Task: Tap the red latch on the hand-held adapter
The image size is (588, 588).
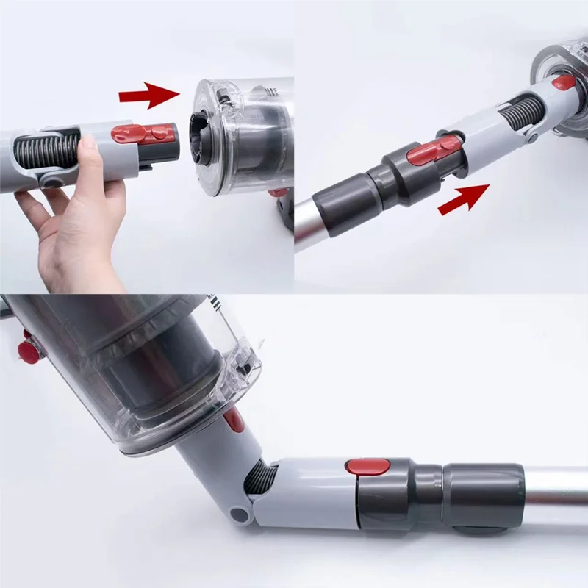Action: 143,134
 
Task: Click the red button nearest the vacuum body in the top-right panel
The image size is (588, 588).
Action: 564,82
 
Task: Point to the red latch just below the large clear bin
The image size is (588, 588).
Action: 234,420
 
